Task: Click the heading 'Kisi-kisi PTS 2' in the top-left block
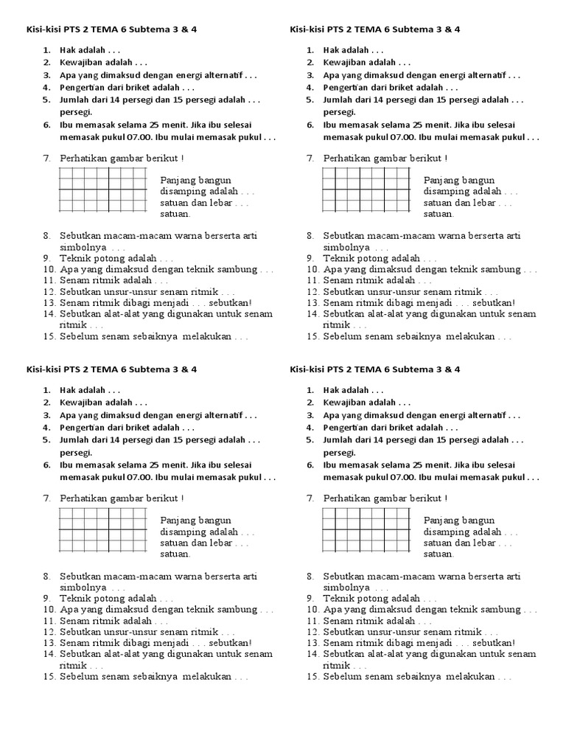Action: pos(51,29)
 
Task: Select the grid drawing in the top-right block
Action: pos(366,189)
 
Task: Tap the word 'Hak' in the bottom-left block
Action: pos(68,389)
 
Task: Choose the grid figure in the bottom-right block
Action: pos(366,529)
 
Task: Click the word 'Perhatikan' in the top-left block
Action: pos(83,159)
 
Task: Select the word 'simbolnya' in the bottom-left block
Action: pos(83,588)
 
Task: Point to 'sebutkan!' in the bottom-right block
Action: pos(494,643)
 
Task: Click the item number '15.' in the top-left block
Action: pos(49,337)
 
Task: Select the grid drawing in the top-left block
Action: pos(102,189)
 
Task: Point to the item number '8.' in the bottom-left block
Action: pos(46,577)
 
